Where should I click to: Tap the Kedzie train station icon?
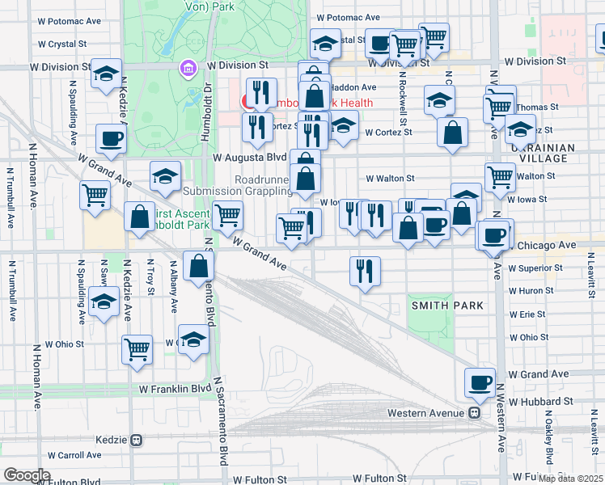click(136, 440)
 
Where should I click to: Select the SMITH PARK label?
click(447, 306)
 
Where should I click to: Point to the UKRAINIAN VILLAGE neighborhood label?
click(543, 154)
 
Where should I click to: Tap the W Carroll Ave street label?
click(74, 456)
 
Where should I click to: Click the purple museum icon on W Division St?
click(188, 70)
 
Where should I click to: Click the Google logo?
click(27, 475)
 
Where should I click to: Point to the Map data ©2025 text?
click(571, 479)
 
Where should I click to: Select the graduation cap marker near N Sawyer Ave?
click(104, 304)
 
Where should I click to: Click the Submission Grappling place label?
click(238, 191)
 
